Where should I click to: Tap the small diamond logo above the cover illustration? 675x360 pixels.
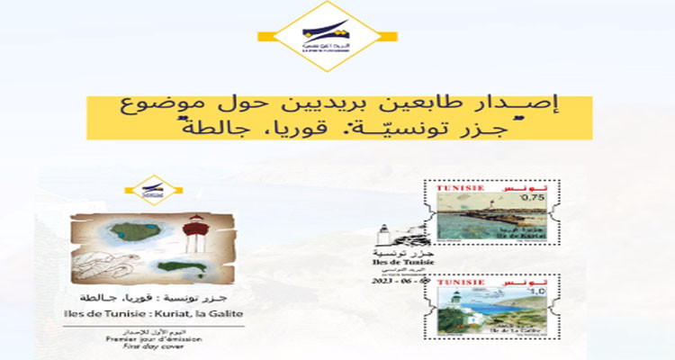pyautogui.click(x=148, y=190)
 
